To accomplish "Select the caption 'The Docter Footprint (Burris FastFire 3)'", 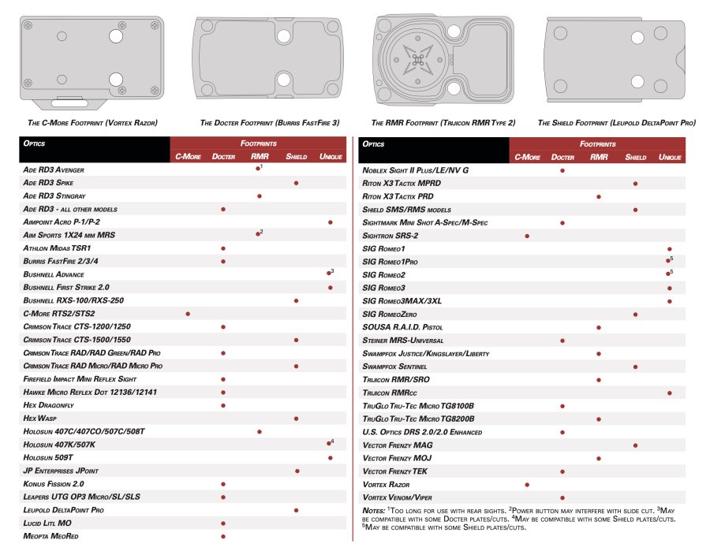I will (270, 123).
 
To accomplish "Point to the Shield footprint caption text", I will (616, 123).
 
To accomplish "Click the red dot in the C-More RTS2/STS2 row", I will (188, 313).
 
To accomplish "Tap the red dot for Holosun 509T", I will (330, 458).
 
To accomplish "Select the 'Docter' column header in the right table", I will (562, 157).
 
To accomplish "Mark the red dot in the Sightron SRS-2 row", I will (527, 236).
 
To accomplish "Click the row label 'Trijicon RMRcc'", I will (390, 393).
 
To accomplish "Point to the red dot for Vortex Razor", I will (527, 484).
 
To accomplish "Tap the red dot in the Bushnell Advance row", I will (329, 274).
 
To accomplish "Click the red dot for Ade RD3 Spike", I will (296, 183).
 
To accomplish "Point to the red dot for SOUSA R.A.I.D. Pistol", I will (599, 327).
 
